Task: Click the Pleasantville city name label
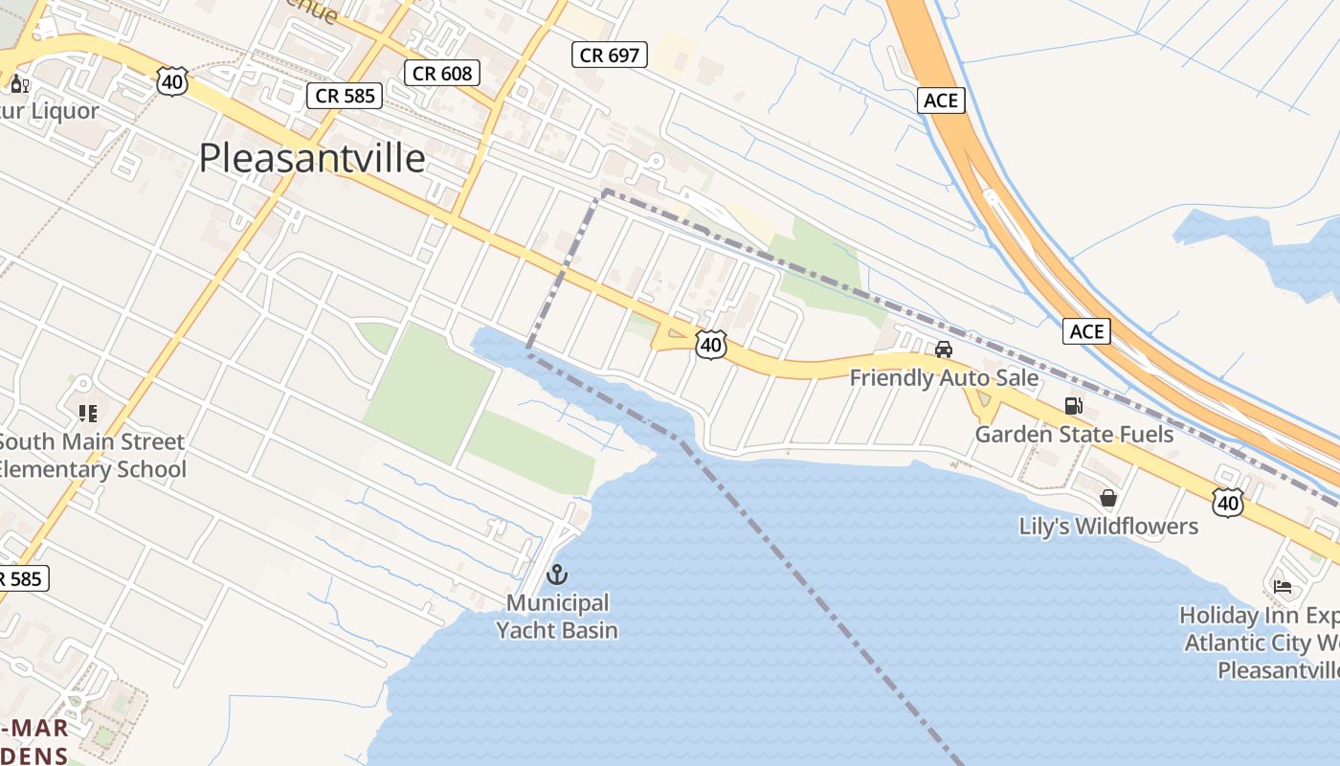point(312,158)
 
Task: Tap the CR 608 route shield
point(440,73)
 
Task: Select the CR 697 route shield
point(610,55)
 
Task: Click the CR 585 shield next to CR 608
point(346,95)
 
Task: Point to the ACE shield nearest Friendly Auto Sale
point(1086,331)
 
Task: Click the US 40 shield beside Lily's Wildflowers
point(1227,502)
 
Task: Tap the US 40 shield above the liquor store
point(172,82)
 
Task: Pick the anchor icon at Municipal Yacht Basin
point(556,574)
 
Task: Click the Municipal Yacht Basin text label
point(557,617)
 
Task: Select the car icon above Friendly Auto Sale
point(944,349)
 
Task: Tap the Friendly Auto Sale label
point(944,378)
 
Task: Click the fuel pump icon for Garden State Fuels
point(1073,406)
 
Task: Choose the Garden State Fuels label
point(1074,435)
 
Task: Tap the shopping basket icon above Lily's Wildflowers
point(1108,498)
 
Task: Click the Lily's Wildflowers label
point(1108,527)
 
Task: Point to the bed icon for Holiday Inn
point(1283,586)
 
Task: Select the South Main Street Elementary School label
point(92,456)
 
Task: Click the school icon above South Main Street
point(88,414)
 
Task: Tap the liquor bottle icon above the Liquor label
point(18,83)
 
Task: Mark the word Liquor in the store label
point(65,111)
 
